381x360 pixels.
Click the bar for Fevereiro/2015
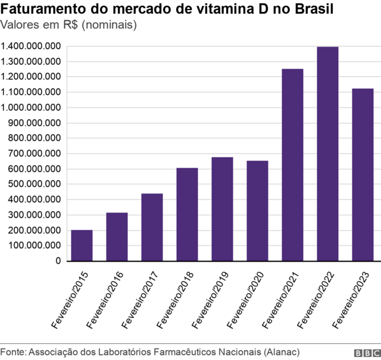[82, 246]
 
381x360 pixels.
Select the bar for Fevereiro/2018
[187, 215]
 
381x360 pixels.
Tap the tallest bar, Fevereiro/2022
[327, 154]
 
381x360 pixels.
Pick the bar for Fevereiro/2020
[257, 211]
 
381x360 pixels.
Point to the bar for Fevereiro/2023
[363, 175]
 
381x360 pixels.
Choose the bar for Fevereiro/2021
[292, 165]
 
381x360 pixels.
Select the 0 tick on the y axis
[58, 261]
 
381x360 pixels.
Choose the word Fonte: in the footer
[13, 351]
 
